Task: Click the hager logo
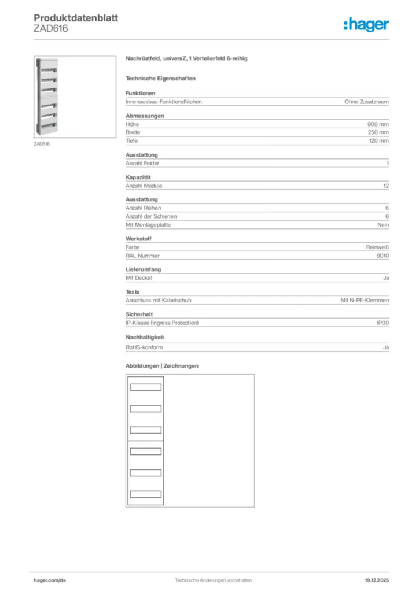[366, 24]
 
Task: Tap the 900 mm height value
[378, 124]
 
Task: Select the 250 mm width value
[378, 132]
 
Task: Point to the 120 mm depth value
[378, 140]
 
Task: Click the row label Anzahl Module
[144, 186]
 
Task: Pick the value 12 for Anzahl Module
[386, 186]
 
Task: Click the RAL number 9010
[383, 255]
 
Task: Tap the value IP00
[383, 323]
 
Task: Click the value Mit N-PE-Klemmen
[365, 300]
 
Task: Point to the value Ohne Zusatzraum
[366, 102]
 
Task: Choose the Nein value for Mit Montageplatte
[383, 224]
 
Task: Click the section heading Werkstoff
[139, 239]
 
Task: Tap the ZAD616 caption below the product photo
[42, 144]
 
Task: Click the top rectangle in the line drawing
[145, 387]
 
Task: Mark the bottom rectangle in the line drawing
[145, 494]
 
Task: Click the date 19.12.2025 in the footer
[377, 580]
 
